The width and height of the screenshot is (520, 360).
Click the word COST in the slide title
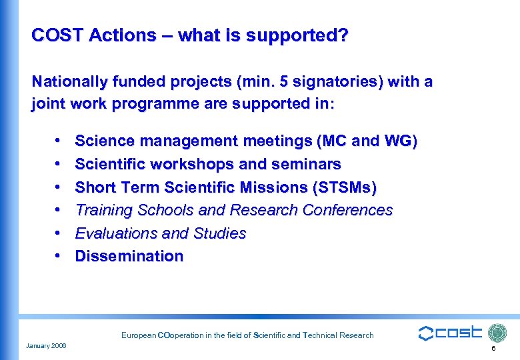[x=55, y=35]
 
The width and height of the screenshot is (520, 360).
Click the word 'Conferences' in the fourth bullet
[x=347, y=210]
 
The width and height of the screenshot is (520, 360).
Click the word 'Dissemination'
[x=129, y=256]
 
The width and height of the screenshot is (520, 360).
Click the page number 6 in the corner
[x=493, y=349]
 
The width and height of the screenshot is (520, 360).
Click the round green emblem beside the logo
[x=497, y=333]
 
